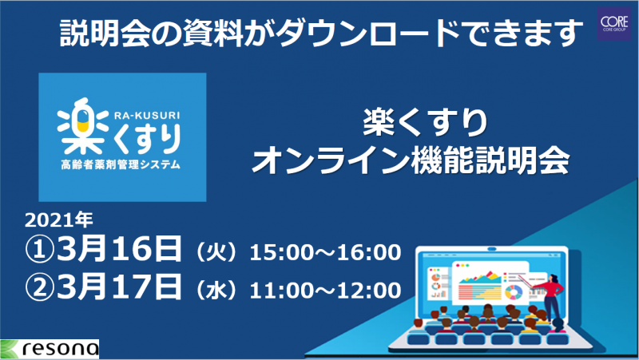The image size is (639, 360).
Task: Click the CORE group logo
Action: [614, 23]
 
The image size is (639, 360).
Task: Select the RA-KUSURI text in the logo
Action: [147, 116]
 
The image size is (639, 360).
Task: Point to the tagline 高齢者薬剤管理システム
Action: [121, 164]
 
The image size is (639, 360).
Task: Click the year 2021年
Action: [59, 220]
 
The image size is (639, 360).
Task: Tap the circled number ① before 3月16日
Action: [39, 251]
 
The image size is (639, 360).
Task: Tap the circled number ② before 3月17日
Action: [39, 288]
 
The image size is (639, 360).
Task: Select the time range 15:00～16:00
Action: [325, 252]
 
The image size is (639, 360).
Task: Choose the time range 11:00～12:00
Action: [325, 291]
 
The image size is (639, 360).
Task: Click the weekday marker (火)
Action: [216, 253]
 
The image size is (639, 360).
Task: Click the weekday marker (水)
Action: [216, 291]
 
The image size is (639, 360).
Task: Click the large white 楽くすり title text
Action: [425, 122]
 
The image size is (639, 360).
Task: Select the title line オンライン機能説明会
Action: [411, 161]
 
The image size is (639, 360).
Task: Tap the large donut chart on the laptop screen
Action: [514, 292]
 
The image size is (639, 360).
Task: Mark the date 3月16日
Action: [119, 249]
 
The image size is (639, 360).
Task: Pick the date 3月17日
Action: [119, 287]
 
